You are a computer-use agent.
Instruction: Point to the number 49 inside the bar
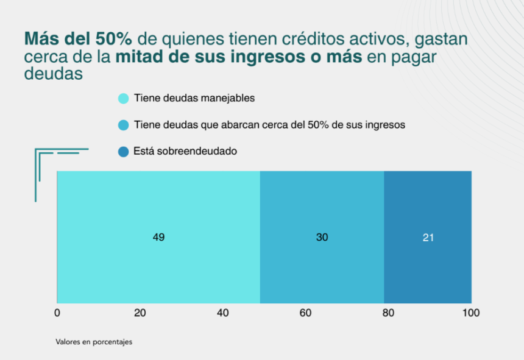click(158, 238)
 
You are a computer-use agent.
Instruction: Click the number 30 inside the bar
click(322, 238)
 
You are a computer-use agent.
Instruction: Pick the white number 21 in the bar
click(428, 238)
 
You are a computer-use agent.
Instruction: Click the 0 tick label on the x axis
click(57, 313)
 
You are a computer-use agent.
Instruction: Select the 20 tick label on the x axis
click(140, 313)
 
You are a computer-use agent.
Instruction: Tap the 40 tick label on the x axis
click(222, 313)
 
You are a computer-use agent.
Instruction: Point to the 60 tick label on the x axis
click(305, 313)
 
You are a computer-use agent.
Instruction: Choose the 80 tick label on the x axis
click(388, 313)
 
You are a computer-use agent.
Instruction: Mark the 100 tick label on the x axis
click(470, 313)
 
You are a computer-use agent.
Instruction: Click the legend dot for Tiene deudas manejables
click(123, 98)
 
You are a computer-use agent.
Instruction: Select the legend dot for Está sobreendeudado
click(123, 152)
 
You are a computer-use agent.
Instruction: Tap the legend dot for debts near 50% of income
click(123, 125)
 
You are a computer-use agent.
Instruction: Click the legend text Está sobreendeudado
click(185, 151)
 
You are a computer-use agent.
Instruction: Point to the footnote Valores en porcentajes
click(94, 342)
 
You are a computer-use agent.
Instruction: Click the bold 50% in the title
click(113, 39)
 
